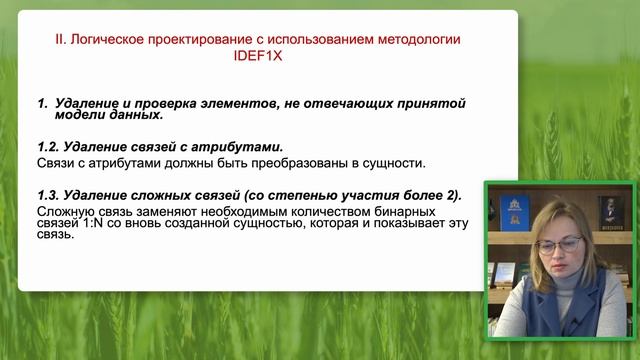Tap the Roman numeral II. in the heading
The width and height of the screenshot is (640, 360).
click(x=61, y=39)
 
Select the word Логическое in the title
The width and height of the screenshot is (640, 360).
click(x=112, y=39)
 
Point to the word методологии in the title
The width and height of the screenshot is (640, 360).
click(x=419, y=39)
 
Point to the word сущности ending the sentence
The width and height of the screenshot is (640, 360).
click(x=397, y=162)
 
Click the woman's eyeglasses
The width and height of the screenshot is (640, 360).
click(x=557, y=244)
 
